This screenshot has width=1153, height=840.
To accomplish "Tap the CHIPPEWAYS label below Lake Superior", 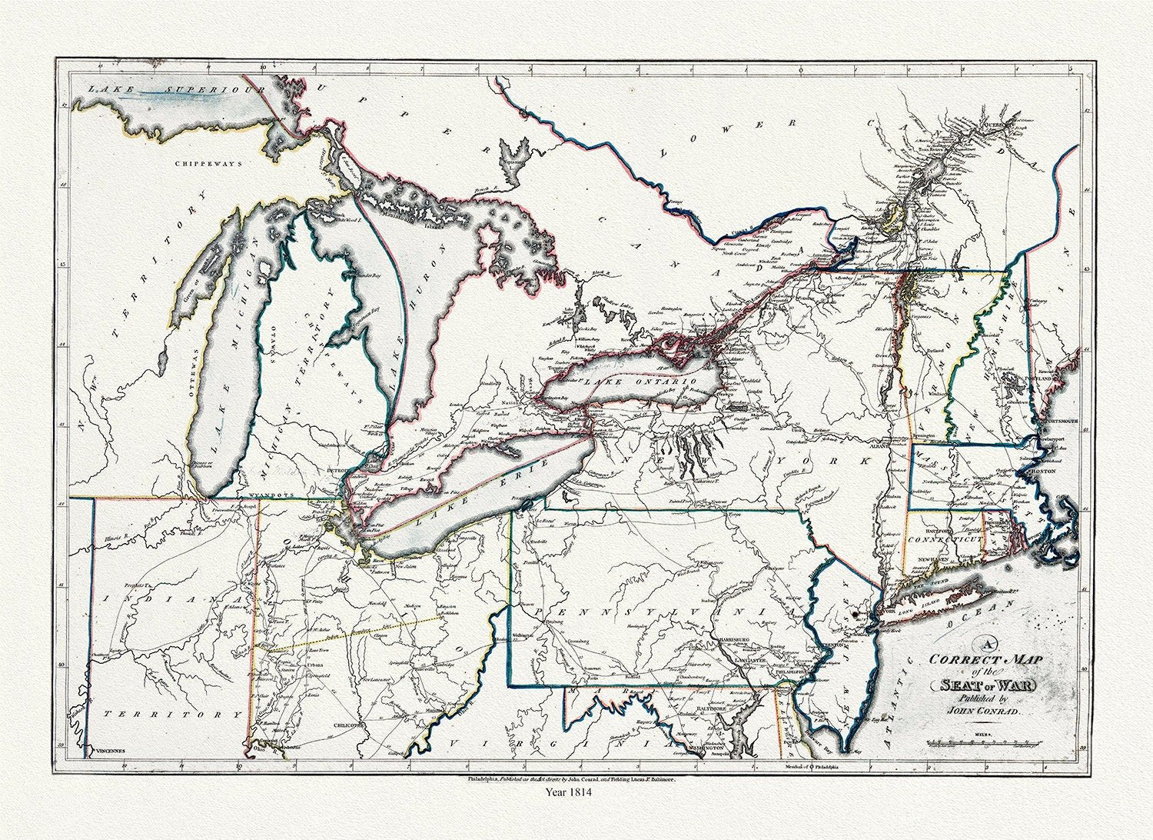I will point(208,164).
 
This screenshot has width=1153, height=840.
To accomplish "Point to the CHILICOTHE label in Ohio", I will point(349,724).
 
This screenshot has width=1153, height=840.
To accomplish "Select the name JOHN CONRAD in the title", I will point(984,712).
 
